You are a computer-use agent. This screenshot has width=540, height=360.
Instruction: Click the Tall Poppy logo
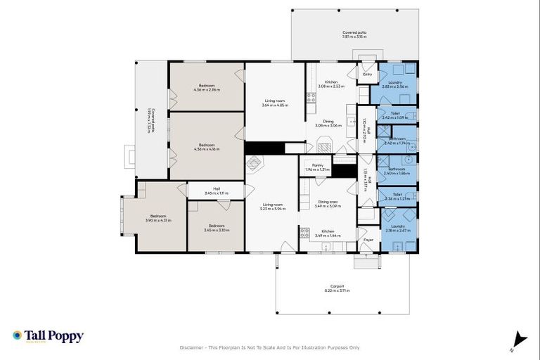click(x=48, y=336)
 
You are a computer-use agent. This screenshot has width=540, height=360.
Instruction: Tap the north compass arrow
click(x=519, y=339)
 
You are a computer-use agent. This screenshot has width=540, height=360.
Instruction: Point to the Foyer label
click(x=368, y=240)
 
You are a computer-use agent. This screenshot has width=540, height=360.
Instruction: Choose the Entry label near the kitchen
click(x=367, y=74)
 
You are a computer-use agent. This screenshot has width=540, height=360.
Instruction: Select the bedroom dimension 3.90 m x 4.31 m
click(x=157, y=221)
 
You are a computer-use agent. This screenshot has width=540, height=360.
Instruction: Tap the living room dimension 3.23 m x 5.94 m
click(x=272, y=210)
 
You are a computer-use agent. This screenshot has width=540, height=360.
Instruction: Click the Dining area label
click(x=328, y=202)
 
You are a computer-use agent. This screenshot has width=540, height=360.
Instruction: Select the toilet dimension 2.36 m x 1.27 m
click(x=397, y=199)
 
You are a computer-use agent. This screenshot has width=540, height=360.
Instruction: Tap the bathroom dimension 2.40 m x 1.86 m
click(x=397, y=173)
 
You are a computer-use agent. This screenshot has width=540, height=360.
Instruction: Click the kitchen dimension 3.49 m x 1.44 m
click(x=328, y=236)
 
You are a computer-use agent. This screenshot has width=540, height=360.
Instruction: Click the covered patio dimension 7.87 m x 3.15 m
click(x=354, y=37)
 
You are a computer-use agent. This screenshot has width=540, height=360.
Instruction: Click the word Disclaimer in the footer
click(x=193, y=347)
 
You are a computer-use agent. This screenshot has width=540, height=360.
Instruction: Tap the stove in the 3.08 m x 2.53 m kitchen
click(x=311, y=98)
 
